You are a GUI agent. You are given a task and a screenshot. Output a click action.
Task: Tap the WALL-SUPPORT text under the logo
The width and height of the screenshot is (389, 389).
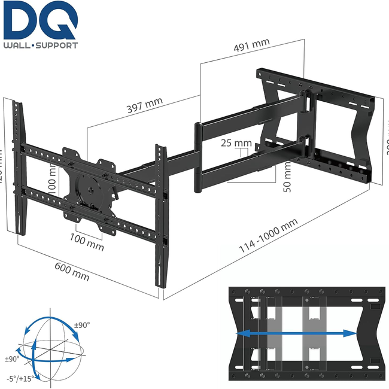click(x=40, y=46)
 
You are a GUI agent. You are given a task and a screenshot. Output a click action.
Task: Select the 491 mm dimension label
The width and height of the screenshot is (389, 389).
click(x=252, y=46)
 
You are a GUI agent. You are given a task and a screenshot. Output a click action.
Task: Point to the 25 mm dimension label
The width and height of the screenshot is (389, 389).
click(x=235, y=144)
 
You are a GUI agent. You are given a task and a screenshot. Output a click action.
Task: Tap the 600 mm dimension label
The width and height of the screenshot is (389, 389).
click(x=71, y=272)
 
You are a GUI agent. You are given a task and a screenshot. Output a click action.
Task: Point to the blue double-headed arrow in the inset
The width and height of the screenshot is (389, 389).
click(x=297, y=333)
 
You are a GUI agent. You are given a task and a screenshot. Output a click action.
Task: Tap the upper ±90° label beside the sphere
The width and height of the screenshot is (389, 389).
click(x=82, y=325)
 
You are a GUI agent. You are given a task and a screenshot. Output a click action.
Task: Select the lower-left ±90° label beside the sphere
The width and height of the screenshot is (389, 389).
click(x=12, y=358)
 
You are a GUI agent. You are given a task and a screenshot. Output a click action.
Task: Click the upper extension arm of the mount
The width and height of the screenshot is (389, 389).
click(x=251, y=116)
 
